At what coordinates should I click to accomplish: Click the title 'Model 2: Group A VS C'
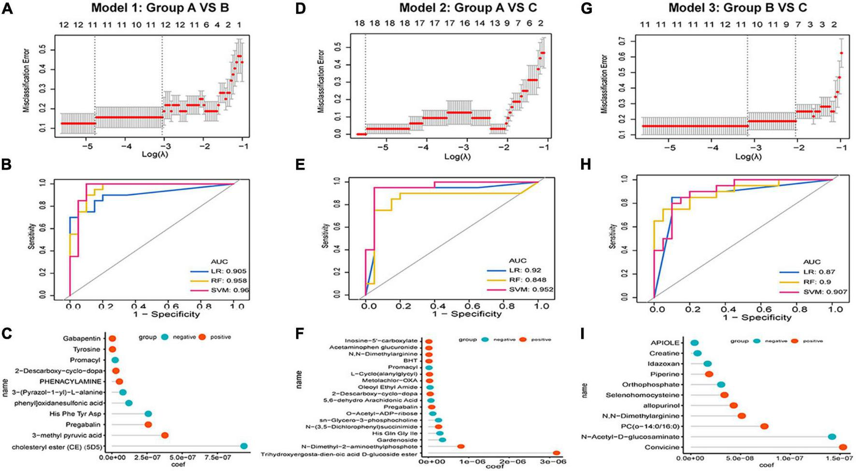pos(468,8)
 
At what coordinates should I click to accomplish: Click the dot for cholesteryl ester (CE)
pos(244,446)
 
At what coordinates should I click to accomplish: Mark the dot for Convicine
pos(843,447)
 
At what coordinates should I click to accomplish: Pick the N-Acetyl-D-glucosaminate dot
pos(832,437)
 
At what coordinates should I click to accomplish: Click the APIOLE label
pos(666,343)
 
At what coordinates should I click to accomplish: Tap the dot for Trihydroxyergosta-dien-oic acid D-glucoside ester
pos(556,453)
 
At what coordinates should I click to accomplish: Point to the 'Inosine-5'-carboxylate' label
pos(381,341)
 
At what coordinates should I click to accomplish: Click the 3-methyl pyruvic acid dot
pos(165,435)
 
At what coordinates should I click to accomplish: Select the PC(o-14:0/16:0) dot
pos(764,426)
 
